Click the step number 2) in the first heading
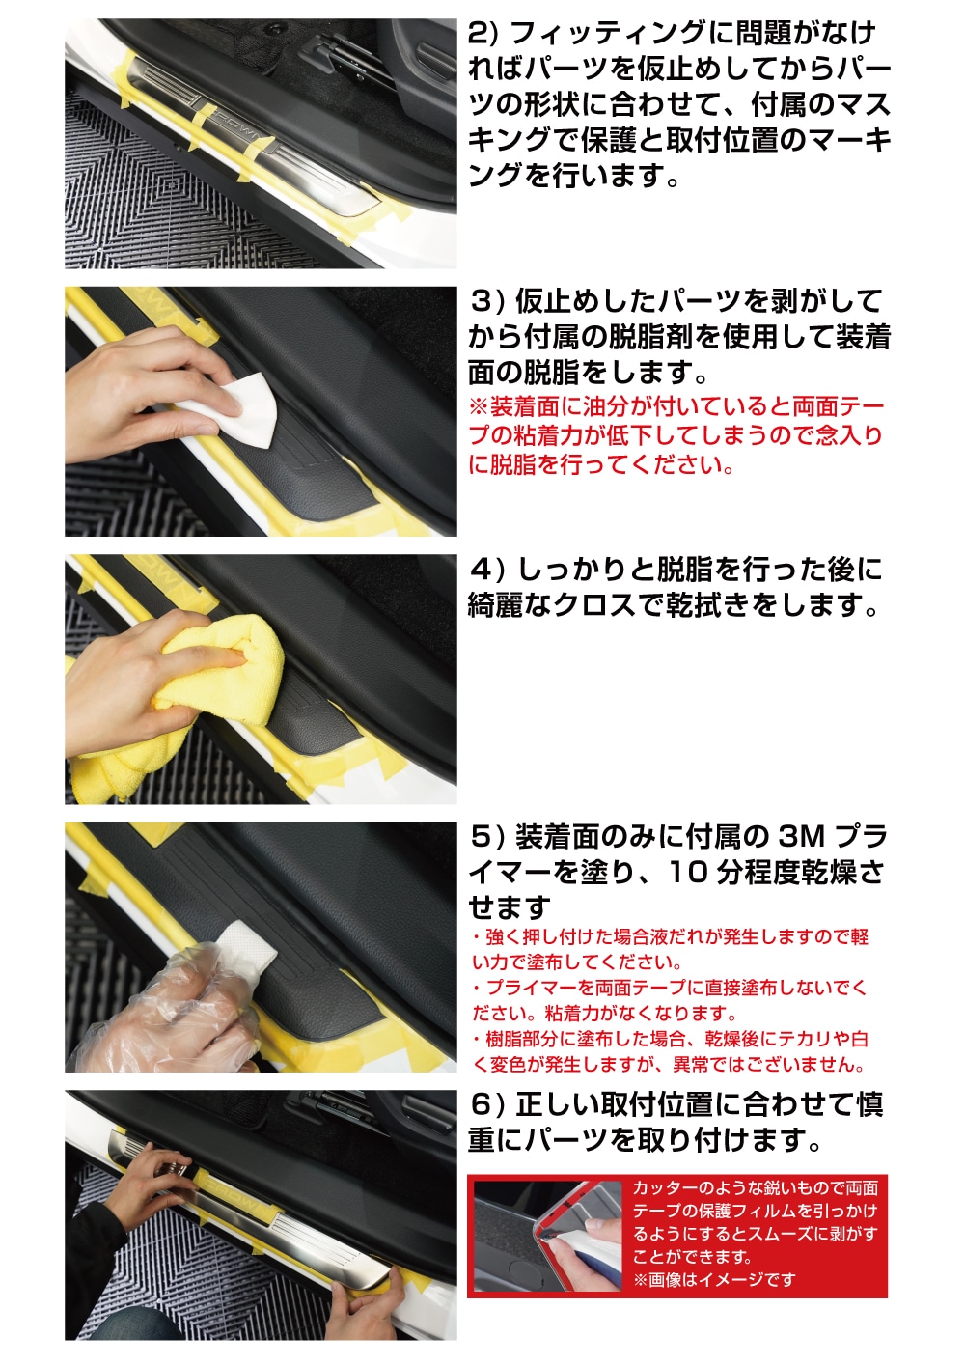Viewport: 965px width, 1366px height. pyautogui.click(x=482, y=34)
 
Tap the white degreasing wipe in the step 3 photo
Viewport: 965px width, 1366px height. pyautogui.click(x=245, y=410)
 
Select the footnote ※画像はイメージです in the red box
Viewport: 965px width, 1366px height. pyautogui.click(x=714, y=1280)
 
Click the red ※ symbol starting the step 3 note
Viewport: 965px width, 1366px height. pyautogui.click(x=478, y=407)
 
